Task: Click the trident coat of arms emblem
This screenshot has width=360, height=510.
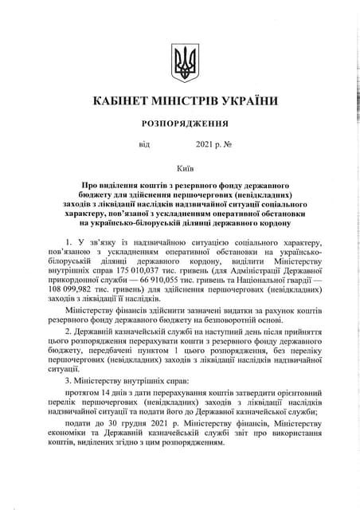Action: (185, 62)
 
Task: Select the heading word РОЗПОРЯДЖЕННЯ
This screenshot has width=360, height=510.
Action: (185, 124)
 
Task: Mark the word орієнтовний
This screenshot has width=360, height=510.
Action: (295, 394)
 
